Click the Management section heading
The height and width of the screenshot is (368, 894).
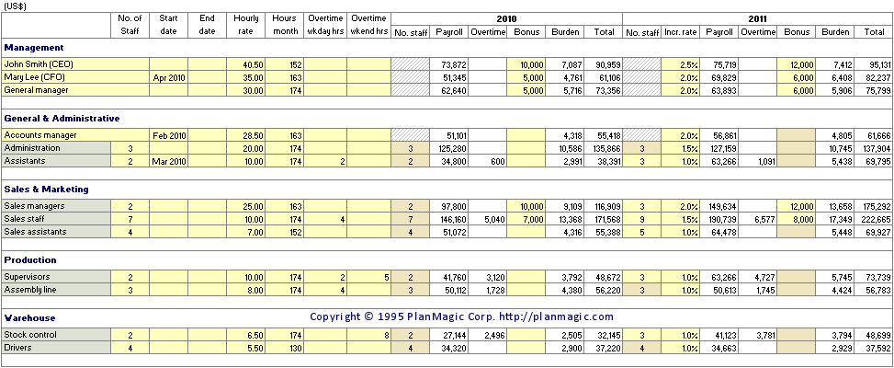coord(34,47)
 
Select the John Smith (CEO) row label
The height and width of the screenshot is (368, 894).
coord(39,64)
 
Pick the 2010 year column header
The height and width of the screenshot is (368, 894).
coord(507,19)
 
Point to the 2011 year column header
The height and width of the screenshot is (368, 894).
coord(758,19)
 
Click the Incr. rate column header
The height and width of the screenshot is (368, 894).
coord(680,32)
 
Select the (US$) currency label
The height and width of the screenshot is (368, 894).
coord(15,6)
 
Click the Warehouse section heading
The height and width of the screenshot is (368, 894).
coord(29,317)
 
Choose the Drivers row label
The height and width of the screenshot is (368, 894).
coord(17,348)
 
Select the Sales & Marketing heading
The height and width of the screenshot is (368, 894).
coord(46,189)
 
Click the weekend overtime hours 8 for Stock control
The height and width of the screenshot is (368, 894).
coord(387,335)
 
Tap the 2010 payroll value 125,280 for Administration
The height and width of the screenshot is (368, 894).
coord(453,148)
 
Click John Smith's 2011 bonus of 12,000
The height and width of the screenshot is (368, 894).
coord(801,64)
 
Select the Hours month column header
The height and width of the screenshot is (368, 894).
coord(285,25)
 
